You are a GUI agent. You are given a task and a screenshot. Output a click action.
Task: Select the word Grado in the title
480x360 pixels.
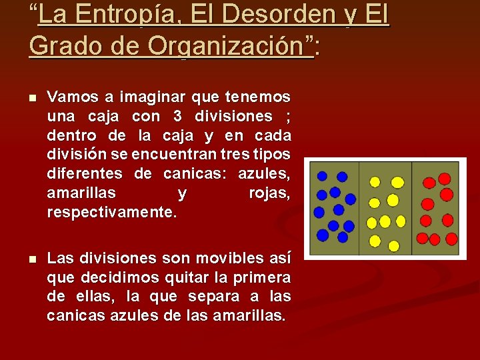click(63, 46)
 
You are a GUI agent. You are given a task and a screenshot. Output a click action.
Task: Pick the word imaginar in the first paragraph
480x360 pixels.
click(157, 97)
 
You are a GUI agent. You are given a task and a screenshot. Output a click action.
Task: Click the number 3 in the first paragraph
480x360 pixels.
click(177, 117)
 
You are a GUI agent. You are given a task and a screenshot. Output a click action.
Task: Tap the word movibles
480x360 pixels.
click(225, 258)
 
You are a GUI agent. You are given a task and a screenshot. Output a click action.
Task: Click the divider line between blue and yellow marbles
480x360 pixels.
click(360, 208)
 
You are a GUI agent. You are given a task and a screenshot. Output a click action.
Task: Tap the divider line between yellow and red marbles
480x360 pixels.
click(412, 208)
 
